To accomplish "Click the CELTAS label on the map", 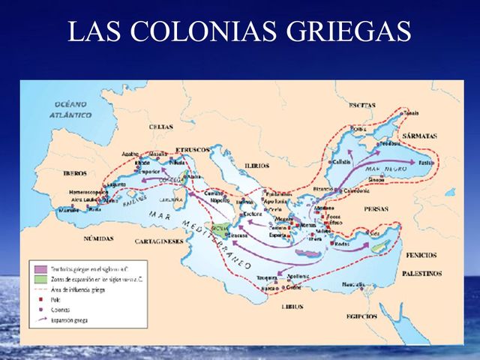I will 160,127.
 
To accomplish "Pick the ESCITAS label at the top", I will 362,105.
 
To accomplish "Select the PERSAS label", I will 376,208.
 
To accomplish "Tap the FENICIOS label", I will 421,255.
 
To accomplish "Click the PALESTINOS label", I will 420,274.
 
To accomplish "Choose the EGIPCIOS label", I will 365,316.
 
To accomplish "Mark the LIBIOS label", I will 292,306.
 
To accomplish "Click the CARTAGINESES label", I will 159,241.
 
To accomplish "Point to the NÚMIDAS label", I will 99,238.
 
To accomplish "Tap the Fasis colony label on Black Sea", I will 427,163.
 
